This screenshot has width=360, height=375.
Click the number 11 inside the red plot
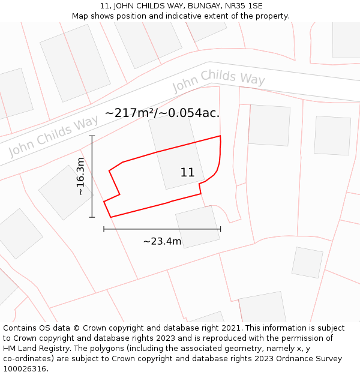click(x=187, y=173)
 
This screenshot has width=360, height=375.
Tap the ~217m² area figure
click(x=129, y=113)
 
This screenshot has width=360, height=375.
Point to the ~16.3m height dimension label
click(x=81, y=176)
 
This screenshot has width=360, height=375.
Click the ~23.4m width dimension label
click(x=162, y=241)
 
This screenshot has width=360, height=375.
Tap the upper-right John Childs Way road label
click(x=218, y=80)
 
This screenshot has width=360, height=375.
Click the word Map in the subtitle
click(x=80, y=16)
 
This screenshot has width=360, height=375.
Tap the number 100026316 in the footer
click(x=23, y=369)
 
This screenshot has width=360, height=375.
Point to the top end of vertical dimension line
click(x=92, y=136)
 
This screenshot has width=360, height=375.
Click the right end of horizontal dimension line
click(x=220, y=229)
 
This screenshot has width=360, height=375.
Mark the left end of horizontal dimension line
click(x=104, y=229)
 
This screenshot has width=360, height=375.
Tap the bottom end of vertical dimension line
click(x=92, y=217)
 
